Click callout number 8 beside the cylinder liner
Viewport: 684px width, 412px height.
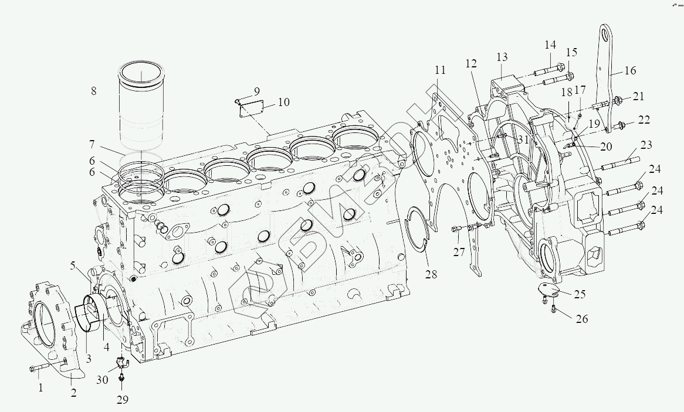click(93, 91)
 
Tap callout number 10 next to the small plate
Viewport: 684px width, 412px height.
click(283, 103)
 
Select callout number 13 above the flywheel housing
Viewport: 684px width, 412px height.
click(502, 57)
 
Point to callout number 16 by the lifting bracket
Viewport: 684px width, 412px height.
click(630, 71)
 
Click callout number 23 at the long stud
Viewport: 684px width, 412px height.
click(646, 144)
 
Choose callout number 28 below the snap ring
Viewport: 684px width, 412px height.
click(431, 275)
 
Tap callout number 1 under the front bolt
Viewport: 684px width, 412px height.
click(40, 387)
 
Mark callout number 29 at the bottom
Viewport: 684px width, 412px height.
click(123, 400)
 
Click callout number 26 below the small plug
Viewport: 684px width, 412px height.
click(582, 319)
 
